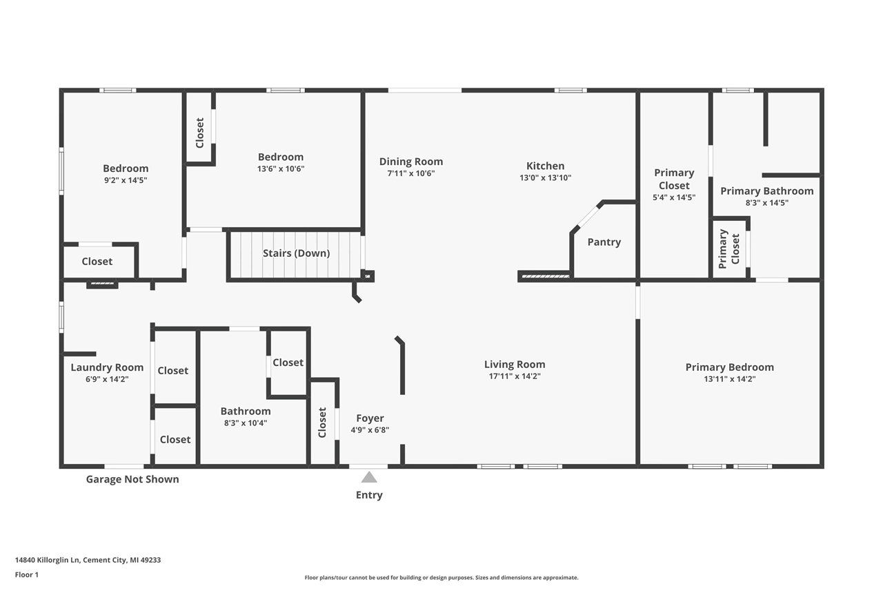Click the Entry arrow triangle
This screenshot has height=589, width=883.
point(369,477)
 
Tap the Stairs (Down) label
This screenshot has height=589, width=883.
point(296,253)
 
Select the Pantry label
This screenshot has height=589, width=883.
point(604,242)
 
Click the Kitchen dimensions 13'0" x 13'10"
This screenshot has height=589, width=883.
point(545,177)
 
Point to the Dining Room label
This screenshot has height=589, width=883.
point(410,162)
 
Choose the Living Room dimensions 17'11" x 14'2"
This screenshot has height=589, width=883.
point(514,376)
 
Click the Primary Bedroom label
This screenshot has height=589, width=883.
point(729,367)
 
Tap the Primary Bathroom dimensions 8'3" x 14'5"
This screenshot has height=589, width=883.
point(766,203)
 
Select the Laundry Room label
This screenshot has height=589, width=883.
point(107,367)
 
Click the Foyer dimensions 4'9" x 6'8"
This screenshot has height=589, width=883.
point(370,429)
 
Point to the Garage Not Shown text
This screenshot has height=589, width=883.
point(132,479)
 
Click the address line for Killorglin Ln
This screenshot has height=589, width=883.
point(88,560)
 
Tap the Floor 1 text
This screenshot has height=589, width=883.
point(27,574)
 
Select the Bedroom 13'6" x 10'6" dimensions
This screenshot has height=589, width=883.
point(281,168)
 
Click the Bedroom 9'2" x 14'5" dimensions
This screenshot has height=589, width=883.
point(126,180)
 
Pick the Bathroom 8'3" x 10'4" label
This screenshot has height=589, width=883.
point(245,411)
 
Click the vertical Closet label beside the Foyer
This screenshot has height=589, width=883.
point(322,422)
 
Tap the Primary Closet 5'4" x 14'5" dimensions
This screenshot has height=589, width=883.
point(674,197)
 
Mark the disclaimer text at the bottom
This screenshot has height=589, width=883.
point(441,577)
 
